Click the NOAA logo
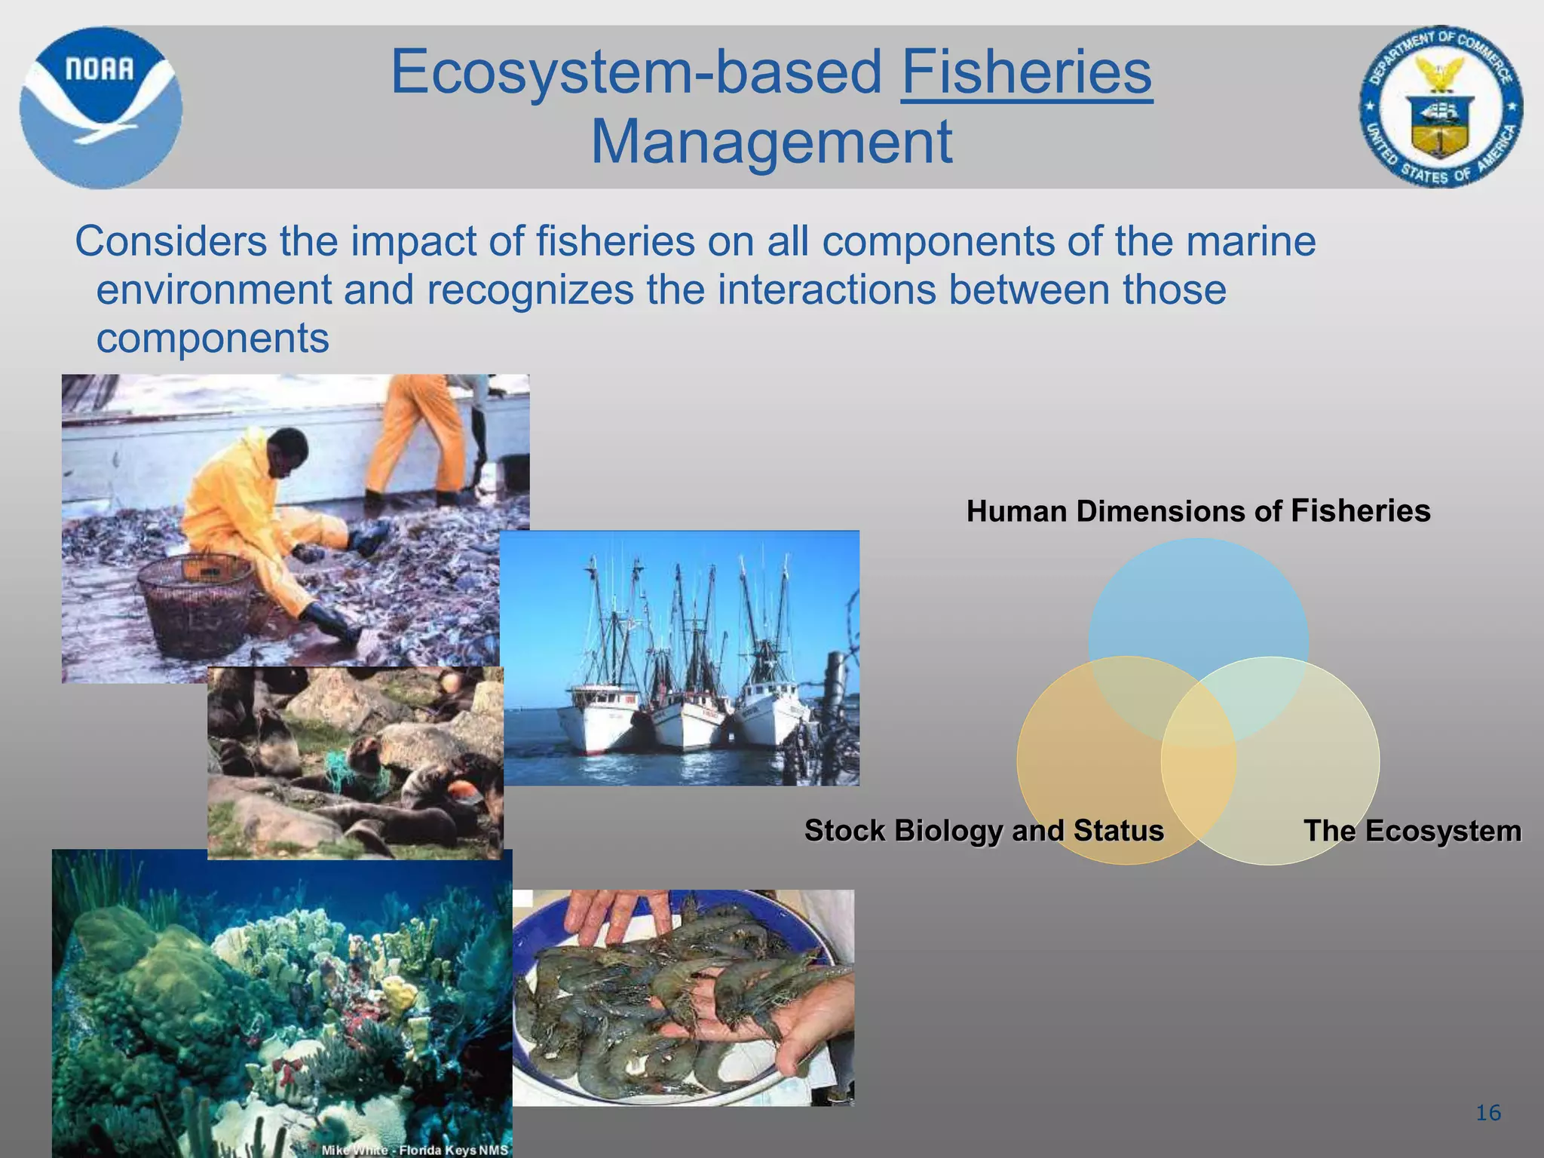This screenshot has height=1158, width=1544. (x=100, y=107)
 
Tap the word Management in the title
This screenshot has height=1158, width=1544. (x=771, y=142)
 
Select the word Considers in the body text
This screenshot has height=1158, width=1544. (x=170, y=242)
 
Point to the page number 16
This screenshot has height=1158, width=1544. (x=1488, y=1113)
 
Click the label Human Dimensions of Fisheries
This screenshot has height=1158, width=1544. (x=1198, y=511)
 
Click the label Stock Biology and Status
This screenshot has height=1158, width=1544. (x=984, y=830)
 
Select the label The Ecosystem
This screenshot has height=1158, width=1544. (x=1412, y=831)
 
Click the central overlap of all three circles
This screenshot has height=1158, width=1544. (x=1199, y=720)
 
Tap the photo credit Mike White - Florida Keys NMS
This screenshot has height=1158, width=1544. (x=415, y=1150)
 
